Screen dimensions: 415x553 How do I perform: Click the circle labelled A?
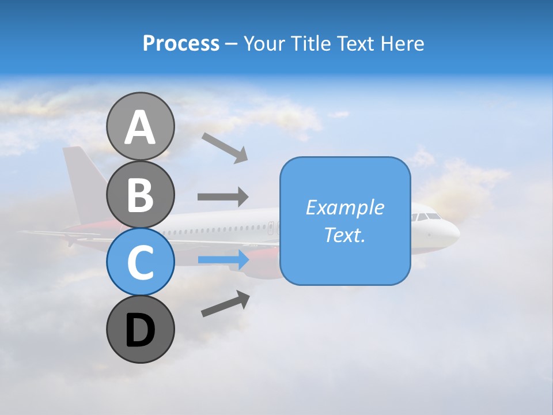(x=140, y=127)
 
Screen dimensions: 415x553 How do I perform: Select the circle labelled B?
(x=140, y=194)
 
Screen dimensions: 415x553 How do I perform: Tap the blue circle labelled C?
(x=140, y=262)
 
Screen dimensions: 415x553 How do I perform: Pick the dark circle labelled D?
(x=140, y=329)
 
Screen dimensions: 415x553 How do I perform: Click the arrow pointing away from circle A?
(x=224, y=148)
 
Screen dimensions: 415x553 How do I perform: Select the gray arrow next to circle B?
(x=222, y=197)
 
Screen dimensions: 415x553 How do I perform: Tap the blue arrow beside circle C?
(x=223, y=260)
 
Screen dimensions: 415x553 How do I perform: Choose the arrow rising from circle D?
(x=225, y=304)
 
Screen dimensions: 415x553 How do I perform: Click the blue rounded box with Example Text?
(x=345, y=221)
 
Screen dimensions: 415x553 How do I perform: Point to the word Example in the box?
(x=345, y=207)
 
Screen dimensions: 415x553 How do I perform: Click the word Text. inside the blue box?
(x=345, y=235)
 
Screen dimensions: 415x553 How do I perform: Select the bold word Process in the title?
(x=181, y=43)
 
